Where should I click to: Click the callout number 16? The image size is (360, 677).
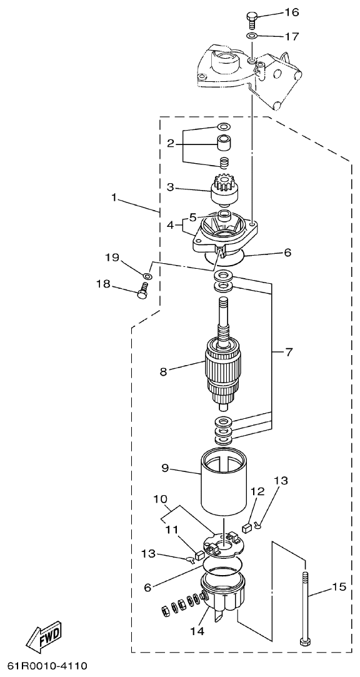[292, 13]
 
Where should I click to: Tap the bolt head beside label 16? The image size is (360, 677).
[252, 17]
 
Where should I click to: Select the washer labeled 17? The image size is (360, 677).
[252, 38]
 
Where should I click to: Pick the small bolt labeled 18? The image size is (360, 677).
[142, 291]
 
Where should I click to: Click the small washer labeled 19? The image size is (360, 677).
[147, 275]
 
